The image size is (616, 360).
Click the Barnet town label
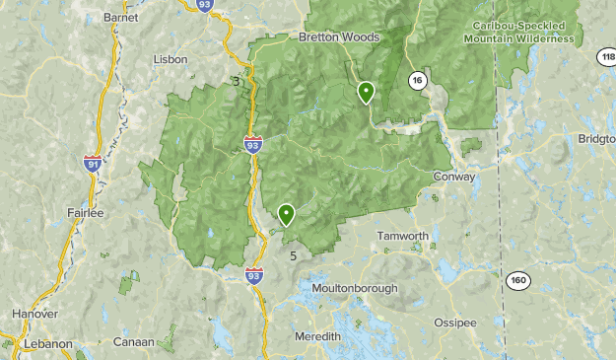pos(121,18)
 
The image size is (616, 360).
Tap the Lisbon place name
pos(170,59)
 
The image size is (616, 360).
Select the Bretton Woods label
pos(339,36)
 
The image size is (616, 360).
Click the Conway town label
pos(454,178)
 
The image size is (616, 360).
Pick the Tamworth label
pos(403,237)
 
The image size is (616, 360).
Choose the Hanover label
pos(34,314)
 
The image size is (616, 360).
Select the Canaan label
pos(133,342)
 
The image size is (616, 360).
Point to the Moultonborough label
pos(354,289)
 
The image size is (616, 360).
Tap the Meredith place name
pos(318,337)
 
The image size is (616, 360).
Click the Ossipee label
pos(455,323)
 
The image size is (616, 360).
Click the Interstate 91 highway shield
pos(94,163)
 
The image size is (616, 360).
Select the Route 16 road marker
pos(418,81)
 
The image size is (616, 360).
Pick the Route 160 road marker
pos(518,281)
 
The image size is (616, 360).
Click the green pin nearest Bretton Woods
pos(366,93)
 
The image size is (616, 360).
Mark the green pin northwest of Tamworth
pos(287,214)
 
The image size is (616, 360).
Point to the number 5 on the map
pos(294,254)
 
